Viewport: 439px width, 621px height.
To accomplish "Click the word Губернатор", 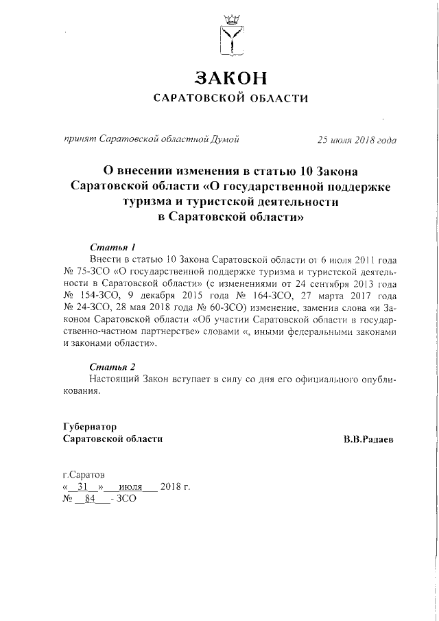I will [x=90, y=426].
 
